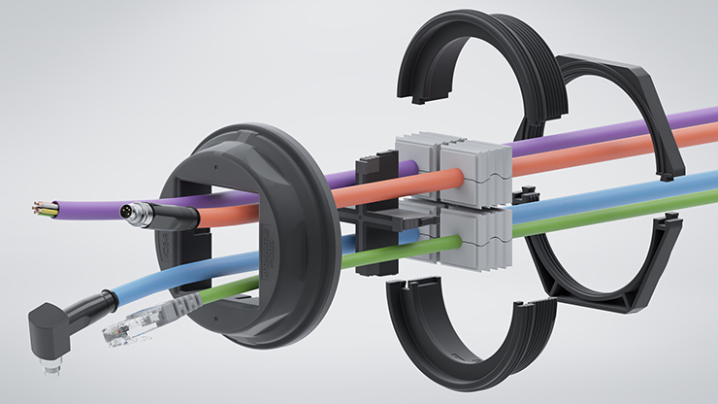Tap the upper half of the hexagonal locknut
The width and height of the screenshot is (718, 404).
[x=621, y=107]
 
